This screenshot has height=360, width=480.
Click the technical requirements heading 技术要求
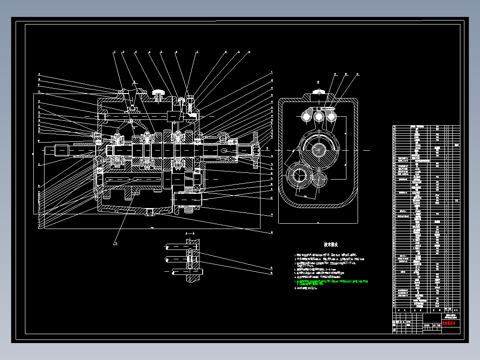tap(331, 245)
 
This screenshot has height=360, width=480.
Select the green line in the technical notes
tap(332, 282)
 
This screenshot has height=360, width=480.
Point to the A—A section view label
tap(189, 233)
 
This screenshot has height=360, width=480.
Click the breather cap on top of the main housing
tap(158, 93)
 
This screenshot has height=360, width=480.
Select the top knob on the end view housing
tap(318, 92)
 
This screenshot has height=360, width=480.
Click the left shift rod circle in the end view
tap(307, 117)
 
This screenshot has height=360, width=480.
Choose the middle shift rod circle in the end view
tap(319, 116)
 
